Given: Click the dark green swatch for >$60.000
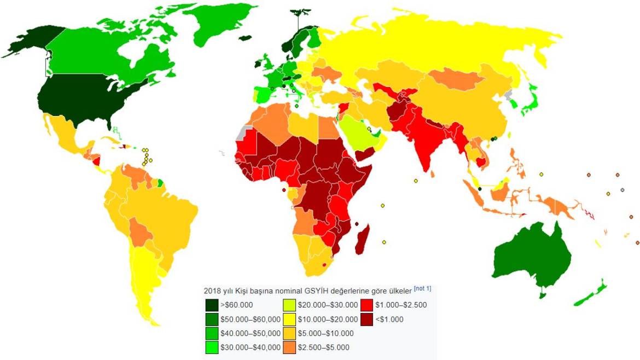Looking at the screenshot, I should coord(212,305).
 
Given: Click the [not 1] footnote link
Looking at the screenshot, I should coord(422,288).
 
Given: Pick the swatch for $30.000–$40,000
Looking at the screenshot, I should coord(212,347).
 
